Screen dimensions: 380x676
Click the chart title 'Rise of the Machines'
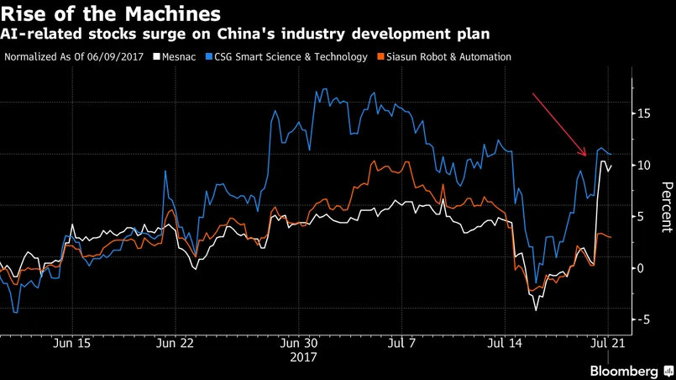[x=112, y=14]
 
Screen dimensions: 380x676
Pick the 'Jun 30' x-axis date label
[x=299, y=344]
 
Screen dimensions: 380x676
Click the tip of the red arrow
[x=586, y=156]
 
